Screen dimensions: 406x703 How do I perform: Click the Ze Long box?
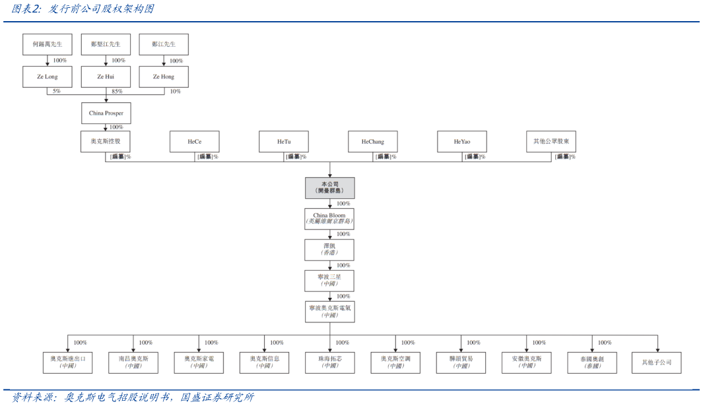[48, 76]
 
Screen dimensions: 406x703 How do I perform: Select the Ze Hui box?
[106, 76]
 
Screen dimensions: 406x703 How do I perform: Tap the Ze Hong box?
[164, 76]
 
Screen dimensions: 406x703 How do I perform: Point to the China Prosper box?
[106, 113]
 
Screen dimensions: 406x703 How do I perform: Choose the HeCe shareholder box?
[194, 142]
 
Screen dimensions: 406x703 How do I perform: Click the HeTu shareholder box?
[283, 142]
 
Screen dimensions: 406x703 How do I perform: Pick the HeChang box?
[372, 142]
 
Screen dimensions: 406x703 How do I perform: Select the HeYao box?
[461, 142]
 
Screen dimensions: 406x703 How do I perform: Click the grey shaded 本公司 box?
[329, 188]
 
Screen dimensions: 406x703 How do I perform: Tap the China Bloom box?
[329, 219]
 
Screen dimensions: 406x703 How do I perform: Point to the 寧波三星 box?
[329, 280]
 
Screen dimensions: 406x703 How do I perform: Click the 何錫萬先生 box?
[48, 44]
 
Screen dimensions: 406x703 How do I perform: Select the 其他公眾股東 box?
[551, 142]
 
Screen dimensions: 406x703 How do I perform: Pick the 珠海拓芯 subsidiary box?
[329, 362]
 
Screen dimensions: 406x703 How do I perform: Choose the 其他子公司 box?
[656, 362]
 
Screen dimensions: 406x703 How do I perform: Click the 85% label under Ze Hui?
[117, 92]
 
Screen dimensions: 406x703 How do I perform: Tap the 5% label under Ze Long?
[56, 92]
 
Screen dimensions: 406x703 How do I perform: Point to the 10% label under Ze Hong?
[175, 92]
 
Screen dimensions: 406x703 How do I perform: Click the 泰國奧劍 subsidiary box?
[592, 362]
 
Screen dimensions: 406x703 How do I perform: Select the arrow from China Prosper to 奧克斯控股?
[106, 127]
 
